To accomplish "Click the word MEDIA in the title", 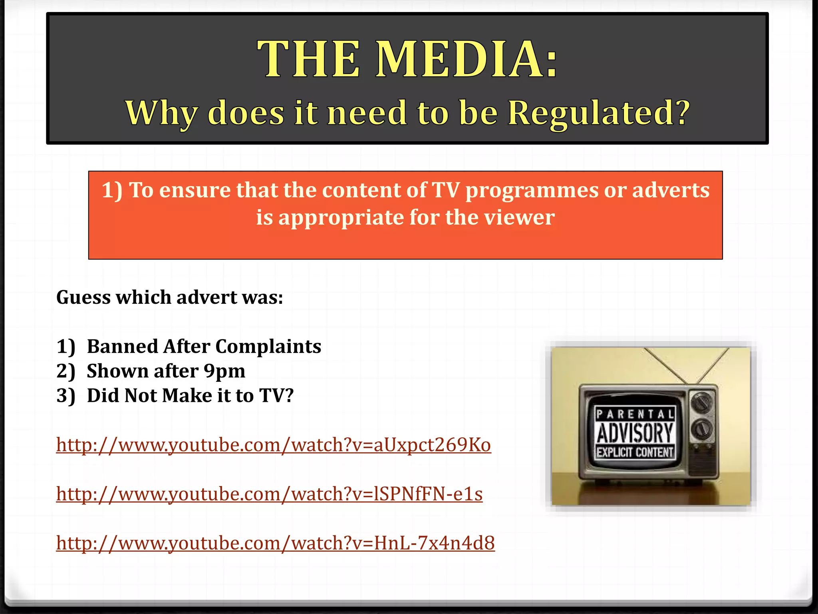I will pyautogui.click(x=467, y=59).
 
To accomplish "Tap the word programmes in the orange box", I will pyautogui.click(x=532, y=190).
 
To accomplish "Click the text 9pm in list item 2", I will pyautogui.click(x=224, y=371).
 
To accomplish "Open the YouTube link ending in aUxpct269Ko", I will pyautogui.click(x=273, y=445).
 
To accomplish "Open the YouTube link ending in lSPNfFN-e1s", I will pyautogui.click(x=269, y=494).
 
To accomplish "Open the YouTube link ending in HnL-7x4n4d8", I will pyautogui.click(x=275, y=543).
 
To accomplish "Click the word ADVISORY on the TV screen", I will pyautogui.click(x=635, y=433).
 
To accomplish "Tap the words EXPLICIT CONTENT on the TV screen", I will pyautogui.click(x=635, y=453).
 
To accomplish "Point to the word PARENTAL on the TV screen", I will pyautogui.click(x=635, y=414).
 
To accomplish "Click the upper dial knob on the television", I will pyautogui.click(x=702, y=402).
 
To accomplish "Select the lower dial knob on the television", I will pyautogui.click(x=702, y=429).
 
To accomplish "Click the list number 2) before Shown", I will pyautogui.click(x=66, y=371).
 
